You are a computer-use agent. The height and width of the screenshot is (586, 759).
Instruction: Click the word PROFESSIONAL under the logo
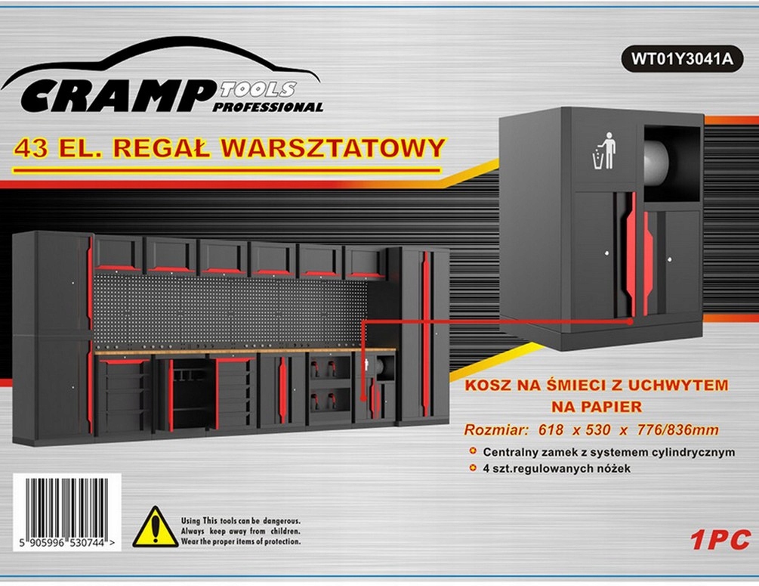point(267,107)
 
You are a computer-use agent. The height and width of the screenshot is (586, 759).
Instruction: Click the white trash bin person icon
point(604,150)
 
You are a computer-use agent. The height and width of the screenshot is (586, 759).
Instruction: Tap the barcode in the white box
point(66,507)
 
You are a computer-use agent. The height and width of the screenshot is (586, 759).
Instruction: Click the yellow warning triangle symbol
point(155,527)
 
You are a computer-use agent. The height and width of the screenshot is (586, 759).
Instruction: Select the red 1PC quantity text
point(719,540)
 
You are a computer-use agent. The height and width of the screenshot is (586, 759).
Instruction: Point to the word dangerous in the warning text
point(277,521)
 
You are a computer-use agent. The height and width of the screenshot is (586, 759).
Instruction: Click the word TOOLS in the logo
point(258,90)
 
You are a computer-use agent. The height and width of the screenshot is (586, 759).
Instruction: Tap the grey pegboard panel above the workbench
point(227,310)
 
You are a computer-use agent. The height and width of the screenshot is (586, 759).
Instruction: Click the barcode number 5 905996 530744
point(66,543)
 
